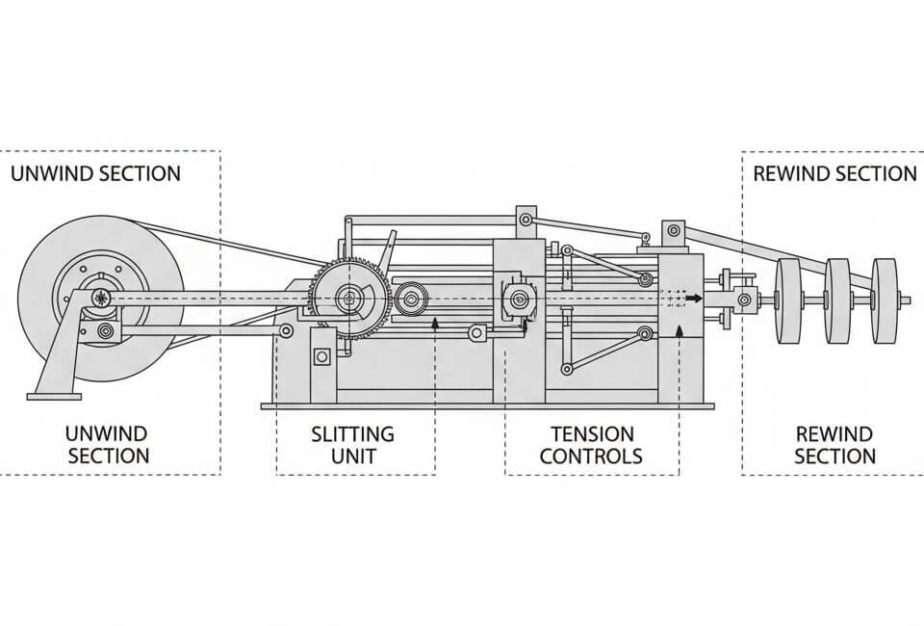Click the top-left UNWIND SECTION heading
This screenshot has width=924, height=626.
coord(95,174)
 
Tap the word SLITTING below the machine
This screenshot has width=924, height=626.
coord(352,434)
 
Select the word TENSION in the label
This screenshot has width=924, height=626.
coord(591,434)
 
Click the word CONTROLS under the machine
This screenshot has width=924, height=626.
coord(591,456)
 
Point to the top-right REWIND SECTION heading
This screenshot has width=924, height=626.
coord(834,174)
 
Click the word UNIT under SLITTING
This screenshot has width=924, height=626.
coord(352,456)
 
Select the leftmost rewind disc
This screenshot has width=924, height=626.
coord(789,301)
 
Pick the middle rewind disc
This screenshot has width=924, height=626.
coord(837,301)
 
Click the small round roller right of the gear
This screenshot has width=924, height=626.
coord(411,300)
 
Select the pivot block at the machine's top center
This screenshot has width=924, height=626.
coord(525,219)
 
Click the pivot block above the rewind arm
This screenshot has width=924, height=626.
coord(672,231)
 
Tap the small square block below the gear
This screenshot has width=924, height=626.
coord(321,356)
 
